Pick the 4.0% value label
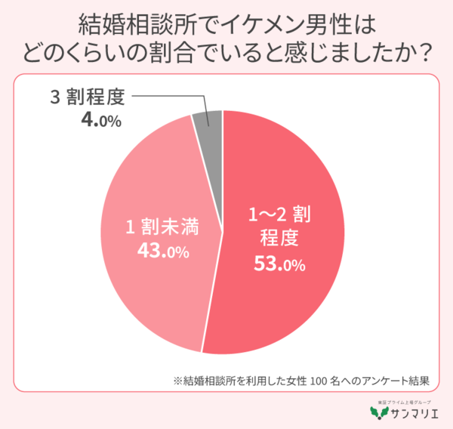tap(95, 119)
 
